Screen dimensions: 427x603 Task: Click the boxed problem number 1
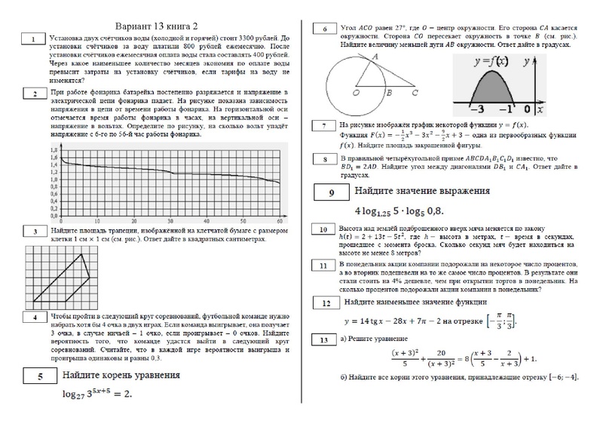point(33,38)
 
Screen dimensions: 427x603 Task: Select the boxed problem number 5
point(33,375)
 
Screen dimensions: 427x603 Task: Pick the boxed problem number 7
point(323,126)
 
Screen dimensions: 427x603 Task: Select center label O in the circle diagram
point(355,94)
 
